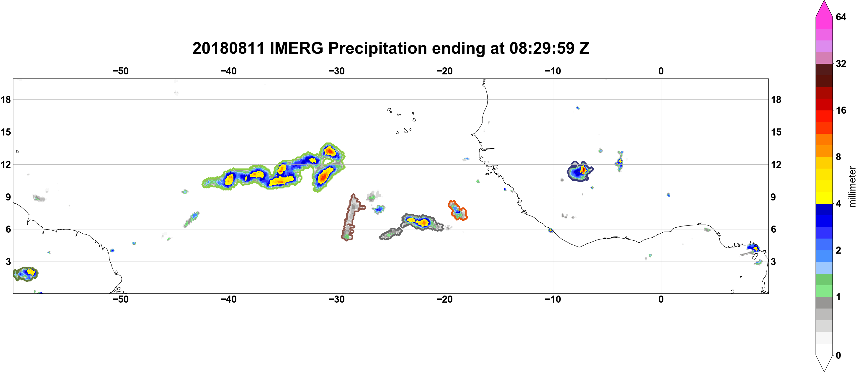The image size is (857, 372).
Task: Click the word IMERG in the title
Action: pyautogui.click(x=296, y=48)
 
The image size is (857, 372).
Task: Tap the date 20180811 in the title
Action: pyautogui.click(x=228, y=48)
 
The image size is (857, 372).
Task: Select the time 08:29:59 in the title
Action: pyautogui.click(x=542, y=48)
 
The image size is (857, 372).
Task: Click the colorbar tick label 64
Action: pyautogui.click(x=841, y=17)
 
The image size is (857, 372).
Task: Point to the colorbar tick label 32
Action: pyautogui.click(x=841, y=63)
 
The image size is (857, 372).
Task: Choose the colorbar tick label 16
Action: pyautogui.click(x=841, y=110)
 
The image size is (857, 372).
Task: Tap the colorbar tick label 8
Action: pyautogui.click(x=838, y=157)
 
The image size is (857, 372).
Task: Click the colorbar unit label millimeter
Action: pyautogui.click(x=852, y=187)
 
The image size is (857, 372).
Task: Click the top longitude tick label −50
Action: pyautogui.click(x=120, y=71)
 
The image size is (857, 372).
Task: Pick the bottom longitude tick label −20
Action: pyautogui.click(x=444, y=299)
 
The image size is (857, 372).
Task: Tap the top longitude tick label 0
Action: pyautogui.click(x=661, y=71)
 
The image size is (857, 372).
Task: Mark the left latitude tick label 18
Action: pyautogui.click(x=6, y=99)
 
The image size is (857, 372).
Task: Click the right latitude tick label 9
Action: pyautogui.click(x=773, y=197)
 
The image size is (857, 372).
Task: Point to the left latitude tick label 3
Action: pyautogui.click(x=8, y=262)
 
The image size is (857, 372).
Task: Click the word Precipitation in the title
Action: pyautogui.click(x=378, y=48)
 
